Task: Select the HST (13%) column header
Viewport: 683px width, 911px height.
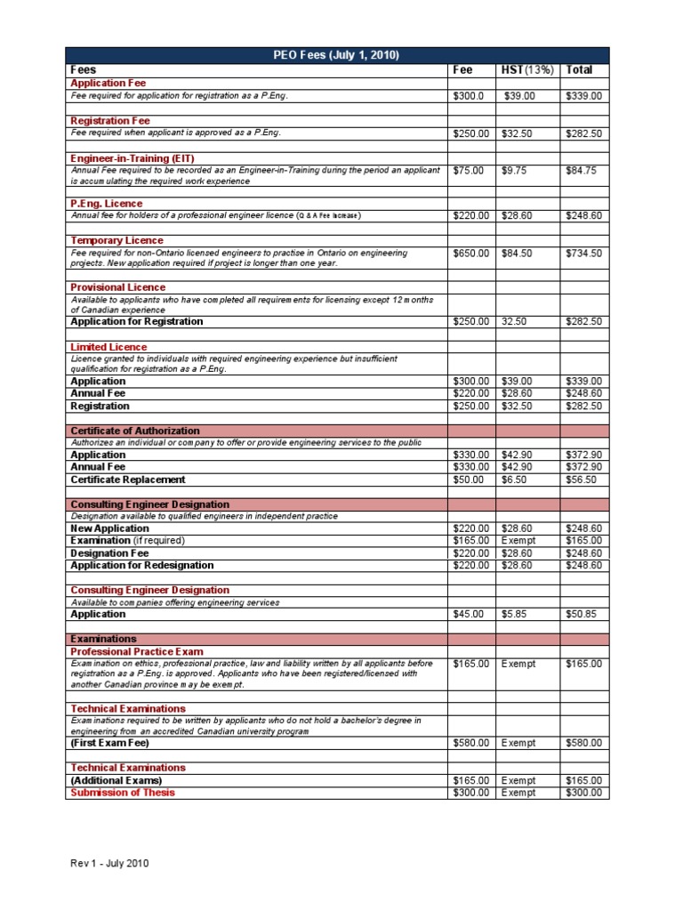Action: (x=526, y=69)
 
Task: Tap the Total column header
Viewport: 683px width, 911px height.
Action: (x=579, y=69)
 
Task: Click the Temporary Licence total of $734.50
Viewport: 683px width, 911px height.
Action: (x=583, y=253)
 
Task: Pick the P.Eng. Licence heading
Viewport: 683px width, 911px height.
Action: (x=106, y=204)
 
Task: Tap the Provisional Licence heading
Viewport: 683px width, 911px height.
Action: (x=117, y=287)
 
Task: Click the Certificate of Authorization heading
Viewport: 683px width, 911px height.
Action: (x=135, y=431)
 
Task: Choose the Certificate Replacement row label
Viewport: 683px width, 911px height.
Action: (x=128, y=479)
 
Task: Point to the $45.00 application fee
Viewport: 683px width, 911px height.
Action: (x=468, y=614)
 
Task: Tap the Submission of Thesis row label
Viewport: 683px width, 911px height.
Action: (x=123, y=793)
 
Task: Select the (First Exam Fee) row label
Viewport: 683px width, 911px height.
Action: (x=110, y=742)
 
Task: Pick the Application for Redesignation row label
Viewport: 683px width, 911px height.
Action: (x=142, y=565)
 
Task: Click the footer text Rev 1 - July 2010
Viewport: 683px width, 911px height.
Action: (x=110, y=863)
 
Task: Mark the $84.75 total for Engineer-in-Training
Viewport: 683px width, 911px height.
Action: (x=581, y=170)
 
